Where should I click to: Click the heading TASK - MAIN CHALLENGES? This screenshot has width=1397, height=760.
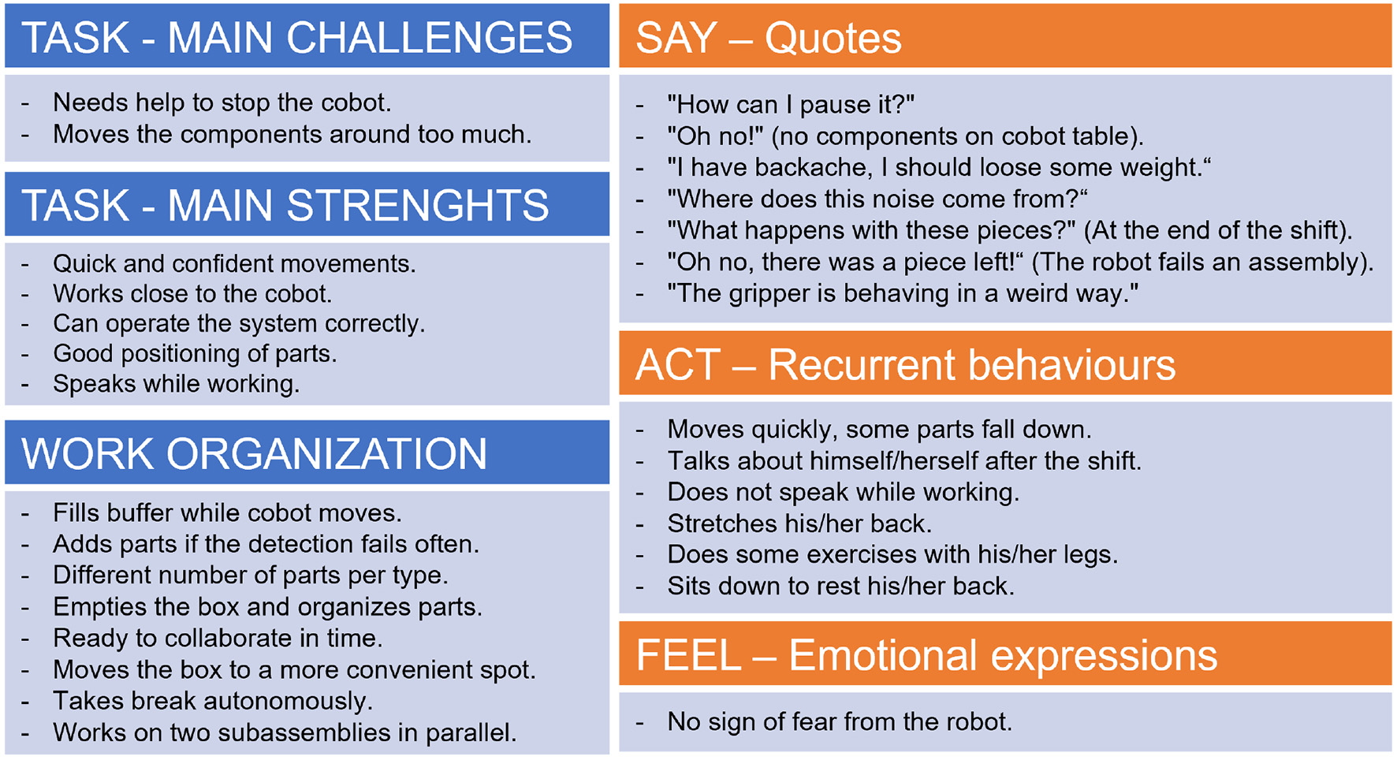click(297, 38)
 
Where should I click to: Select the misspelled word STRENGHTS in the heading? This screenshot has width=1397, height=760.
click(417, 206)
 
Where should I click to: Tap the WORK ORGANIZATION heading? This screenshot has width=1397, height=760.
click(255, 454)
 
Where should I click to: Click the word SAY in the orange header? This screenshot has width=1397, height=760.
click(676, 38)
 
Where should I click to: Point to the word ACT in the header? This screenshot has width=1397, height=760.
click(678, 365)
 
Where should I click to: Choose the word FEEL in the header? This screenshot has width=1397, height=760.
click(688, 656)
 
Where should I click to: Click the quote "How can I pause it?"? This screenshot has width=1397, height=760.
click(791, 105)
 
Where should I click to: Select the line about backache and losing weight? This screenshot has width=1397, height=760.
click(939, 168)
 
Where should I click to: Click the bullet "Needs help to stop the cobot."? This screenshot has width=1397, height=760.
click(222, 102)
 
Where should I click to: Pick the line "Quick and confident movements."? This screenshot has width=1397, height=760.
click(234, 263)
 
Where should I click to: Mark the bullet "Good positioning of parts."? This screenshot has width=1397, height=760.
click(195, 353)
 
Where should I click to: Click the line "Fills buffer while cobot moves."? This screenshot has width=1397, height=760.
click(227, 513)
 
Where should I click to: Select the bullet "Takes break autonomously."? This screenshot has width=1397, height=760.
click(213, 701)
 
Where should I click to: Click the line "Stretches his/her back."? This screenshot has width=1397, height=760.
click(799, 523)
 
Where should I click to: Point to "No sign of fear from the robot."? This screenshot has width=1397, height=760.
click(840, 721)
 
